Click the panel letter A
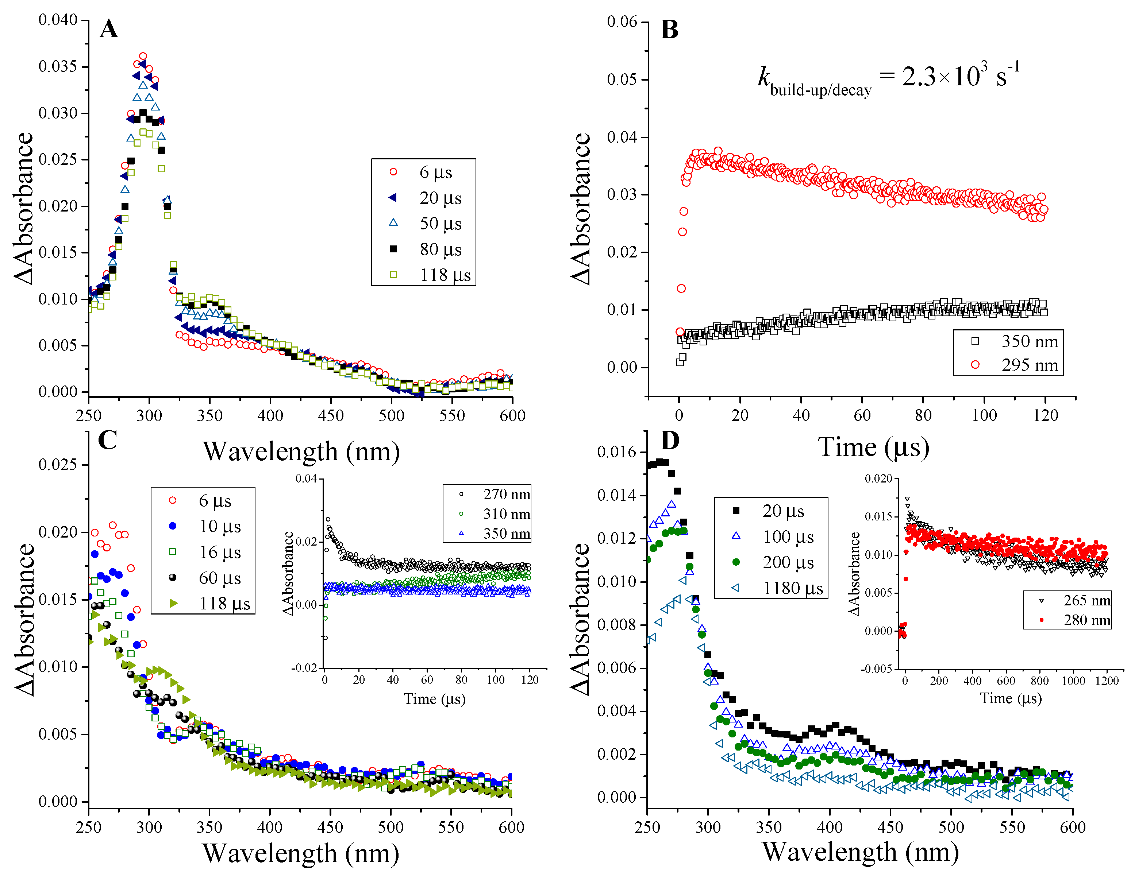pyautogui.click(x=109, y=29)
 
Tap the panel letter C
pyautogui.click(x=107, y=441)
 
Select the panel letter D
pyautogui.click(x=670, y=441)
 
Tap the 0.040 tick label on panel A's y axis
pyautogui.click(x=58, y=20)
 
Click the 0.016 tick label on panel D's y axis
pyautogui.click(x=617, y=452)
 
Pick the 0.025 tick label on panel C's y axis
pyautogui.click(x=58, y=465)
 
